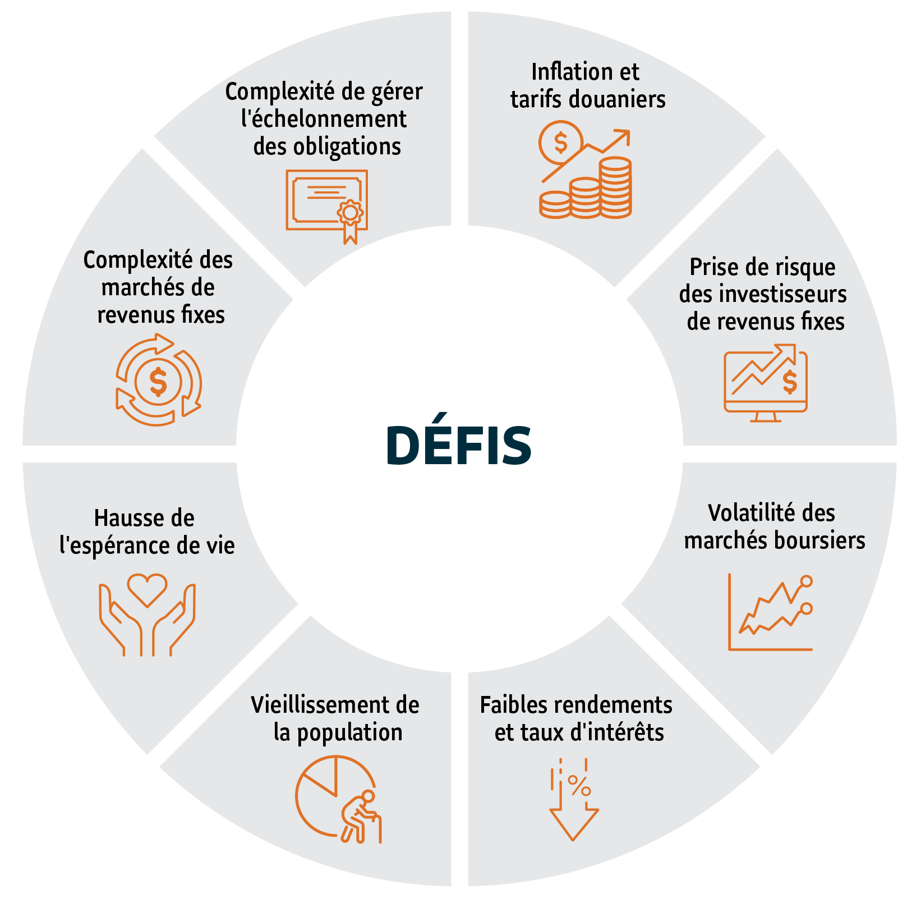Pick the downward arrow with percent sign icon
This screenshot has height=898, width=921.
click(573, 799)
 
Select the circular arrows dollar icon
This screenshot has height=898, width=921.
click(158, 380)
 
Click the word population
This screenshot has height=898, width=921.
click(349, 733)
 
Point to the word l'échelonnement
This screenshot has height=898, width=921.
click(324, 119)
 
